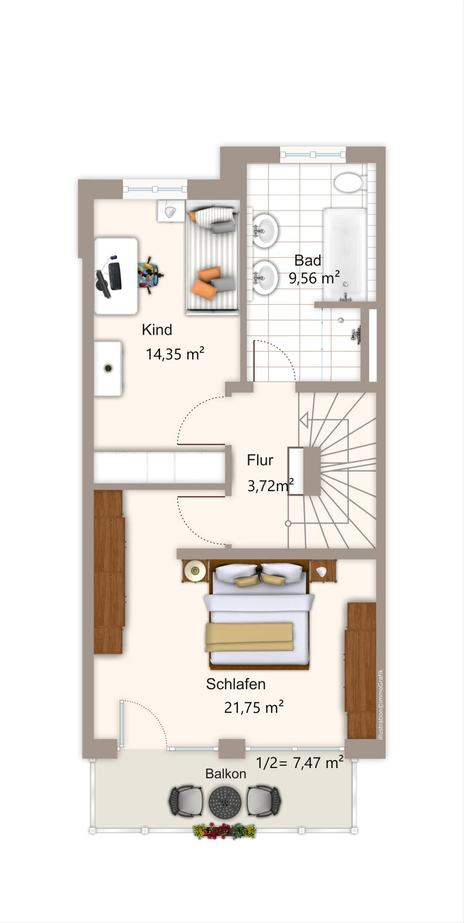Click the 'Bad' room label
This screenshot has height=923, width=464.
tap(308, 261)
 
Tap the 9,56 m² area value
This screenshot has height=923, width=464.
tap(314, 278)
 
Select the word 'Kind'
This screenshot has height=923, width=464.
tap(157, 330)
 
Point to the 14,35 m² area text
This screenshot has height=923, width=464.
tap(175, 354)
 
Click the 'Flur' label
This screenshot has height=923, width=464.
tap(260, 460)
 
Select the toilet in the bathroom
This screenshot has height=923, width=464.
tap(348, 182)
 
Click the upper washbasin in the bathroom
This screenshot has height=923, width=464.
tap(265, 231)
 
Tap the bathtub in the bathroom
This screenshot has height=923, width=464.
tap(345, 255)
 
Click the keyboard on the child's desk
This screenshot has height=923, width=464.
tap(115, 276)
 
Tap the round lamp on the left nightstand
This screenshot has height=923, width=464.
tap(194, 570)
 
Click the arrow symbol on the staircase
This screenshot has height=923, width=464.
tap(304, 420)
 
